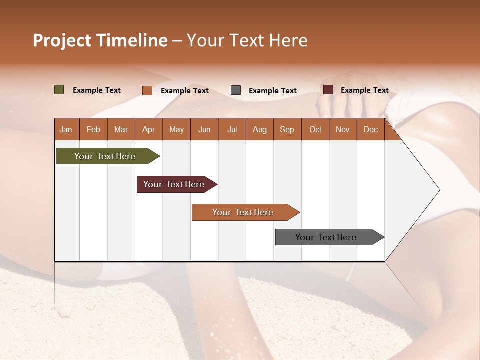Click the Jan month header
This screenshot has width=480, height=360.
point(66,129)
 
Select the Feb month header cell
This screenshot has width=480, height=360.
point(93,129)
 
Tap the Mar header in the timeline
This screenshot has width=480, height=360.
point(121,129)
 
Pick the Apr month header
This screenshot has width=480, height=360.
point(149,129)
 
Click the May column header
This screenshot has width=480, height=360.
point(176,129)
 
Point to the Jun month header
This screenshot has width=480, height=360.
point(204,129)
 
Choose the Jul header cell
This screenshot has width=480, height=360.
point(232,129)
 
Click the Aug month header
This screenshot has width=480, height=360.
point(260,129)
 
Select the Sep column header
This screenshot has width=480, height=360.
point(287,129)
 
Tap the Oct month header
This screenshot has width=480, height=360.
point(315,129)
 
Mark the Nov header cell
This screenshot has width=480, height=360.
point(343,129)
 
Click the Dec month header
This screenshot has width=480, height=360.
point(371,129)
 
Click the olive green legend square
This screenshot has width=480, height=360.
point(59,90)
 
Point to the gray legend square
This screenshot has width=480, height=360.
point(236,90)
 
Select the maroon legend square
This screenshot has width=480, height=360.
point(328,90)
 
